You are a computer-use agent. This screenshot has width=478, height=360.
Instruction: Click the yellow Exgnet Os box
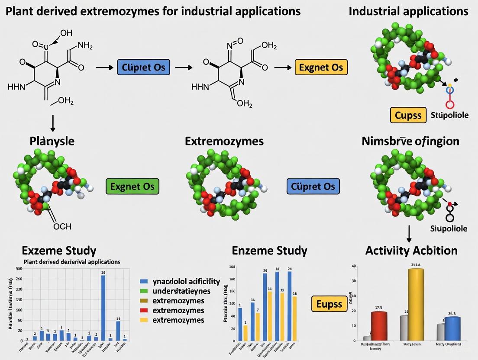(321, 68)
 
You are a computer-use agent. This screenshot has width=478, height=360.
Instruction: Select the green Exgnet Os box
(132, 186)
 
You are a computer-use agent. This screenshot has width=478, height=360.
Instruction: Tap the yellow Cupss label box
(408, 116)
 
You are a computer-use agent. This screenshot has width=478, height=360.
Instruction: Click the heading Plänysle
(52, 141)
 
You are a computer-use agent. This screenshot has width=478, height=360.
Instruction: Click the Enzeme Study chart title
(269, 251)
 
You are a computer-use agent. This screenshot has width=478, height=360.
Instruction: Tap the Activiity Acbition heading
(411, 251)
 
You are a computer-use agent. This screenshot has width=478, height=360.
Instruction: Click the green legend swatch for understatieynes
(145, 291)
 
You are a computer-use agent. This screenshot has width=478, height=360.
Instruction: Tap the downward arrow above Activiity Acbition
(409, 233)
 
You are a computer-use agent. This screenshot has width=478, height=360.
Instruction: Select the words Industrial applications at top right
(408, 11)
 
